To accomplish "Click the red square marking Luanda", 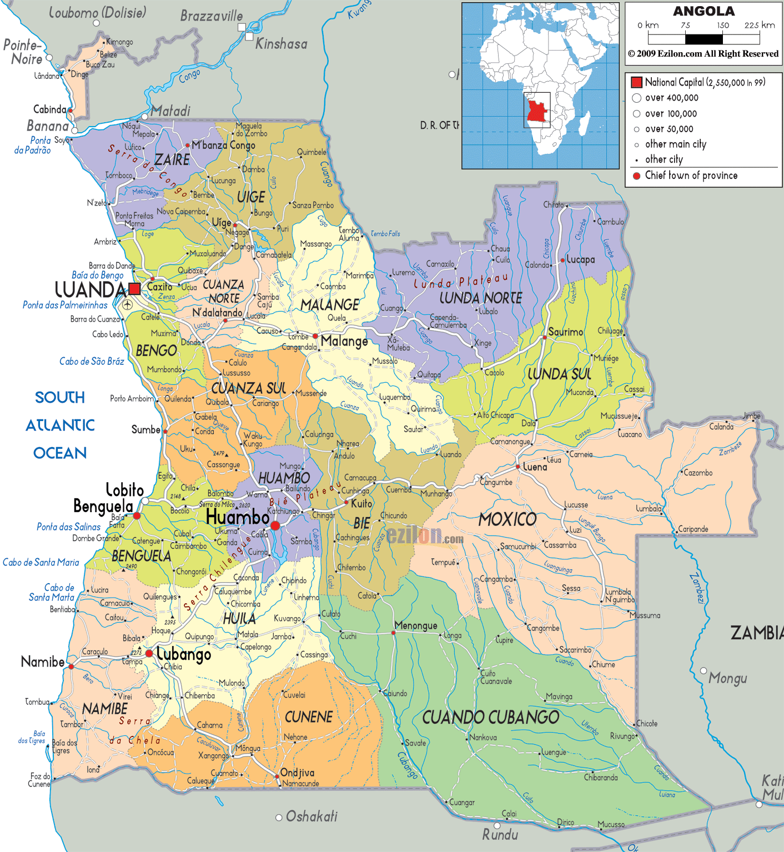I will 134,288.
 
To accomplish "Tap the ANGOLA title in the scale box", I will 703,11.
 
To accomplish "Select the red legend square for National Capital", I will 636,82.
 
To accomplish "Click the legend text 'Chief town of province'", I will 691,176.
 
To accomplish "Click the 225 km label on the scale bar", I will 759,25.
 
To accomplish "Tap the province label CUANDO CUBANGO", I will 490,718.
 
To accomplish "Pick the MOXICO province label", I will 507,519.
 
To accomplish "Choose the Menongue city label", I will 416,626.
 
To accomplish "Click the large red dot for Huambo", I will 275,525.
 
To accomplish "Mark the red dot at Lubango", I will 149,654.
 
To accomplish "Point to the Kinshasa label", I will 281,44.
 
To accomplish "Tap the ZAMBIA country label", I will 756,633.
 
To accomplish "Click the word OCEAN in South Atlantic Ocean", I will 60,453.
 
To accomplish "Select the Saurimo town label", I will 565,332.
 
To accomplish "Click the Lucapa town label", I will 580,259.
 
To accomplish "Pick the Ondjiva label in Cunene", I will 297,773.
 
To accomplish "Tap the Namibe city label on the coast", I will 43,661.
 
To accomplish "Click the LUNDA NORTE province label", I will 480,298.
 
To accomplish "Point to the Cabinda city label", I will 49,109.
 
